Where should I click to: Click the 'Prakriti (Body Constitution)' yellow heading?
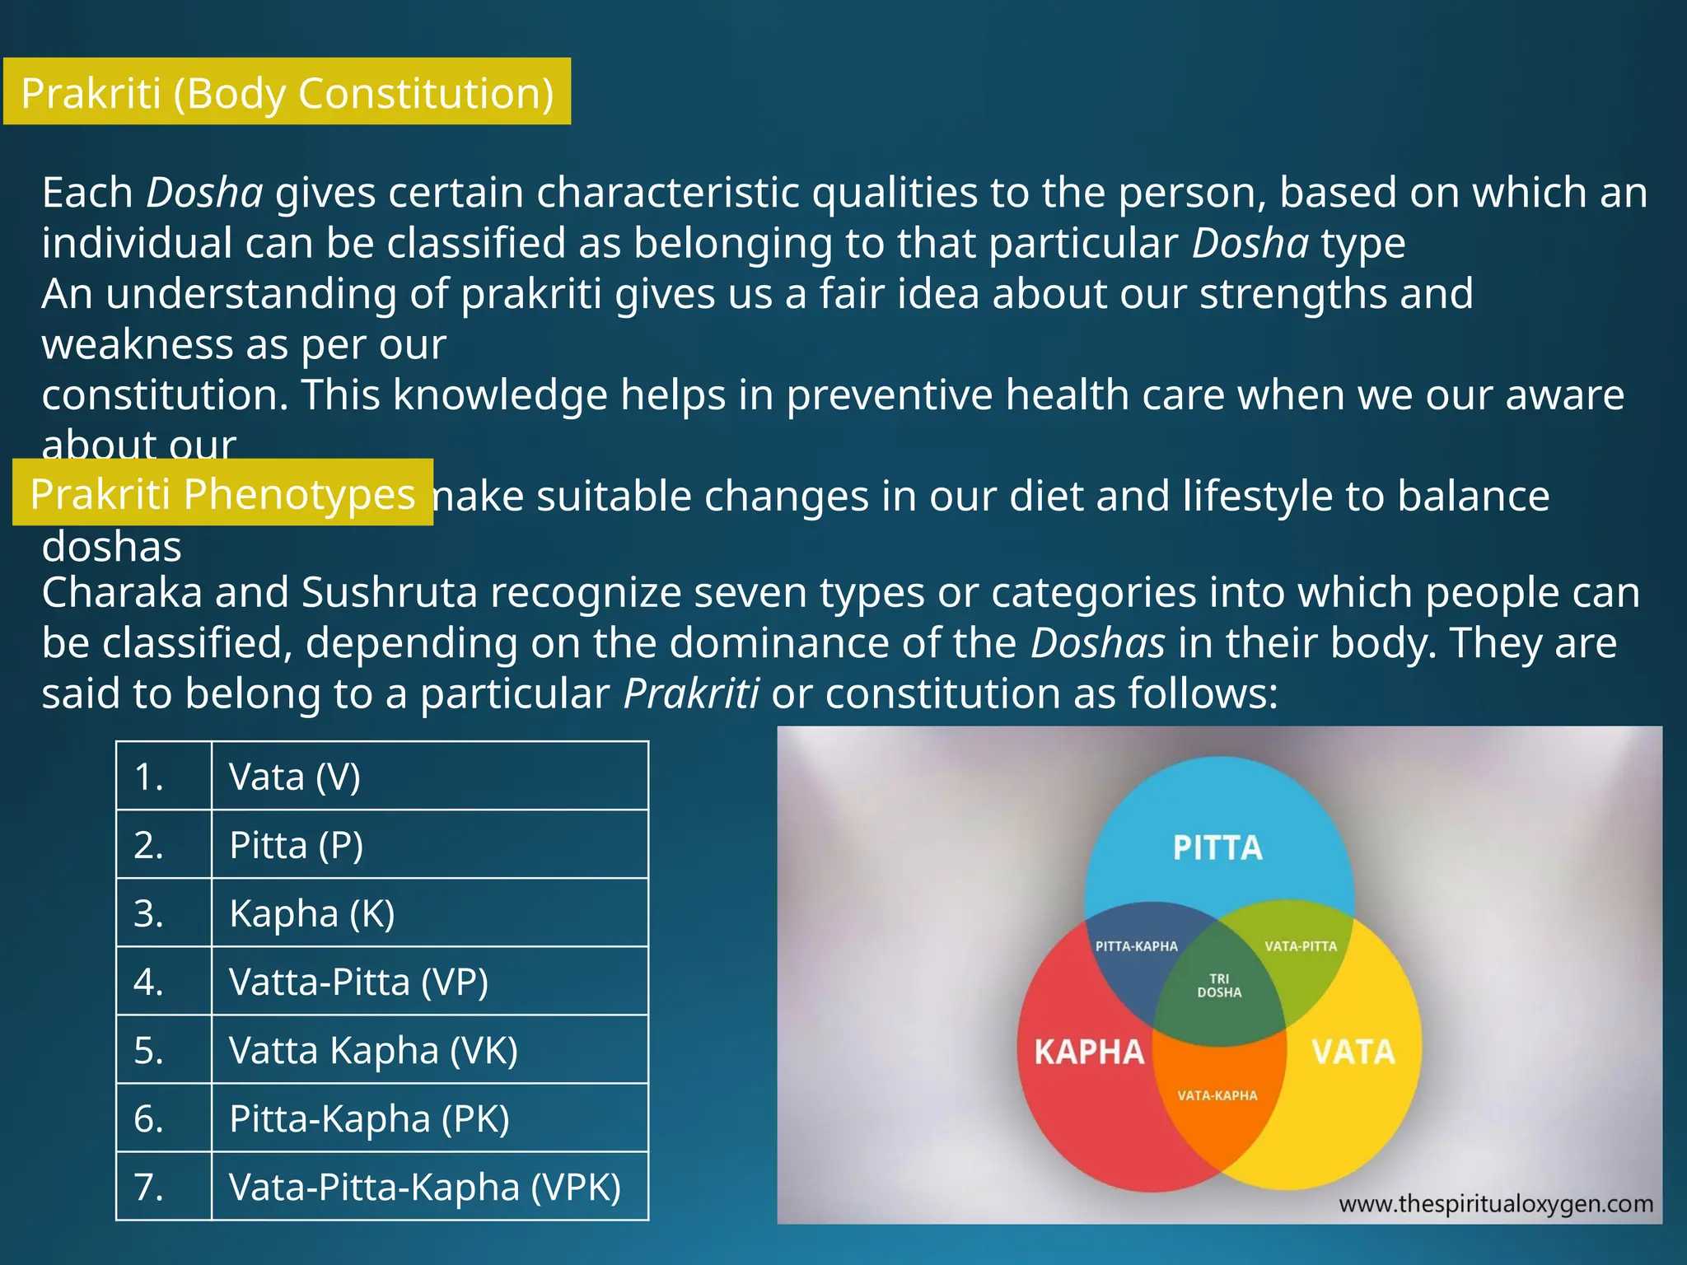tap(287, 92)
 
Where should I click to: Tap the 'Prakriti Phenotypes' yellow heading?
tap(222, 493)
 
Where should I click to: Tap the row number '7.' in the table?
tap(149, 1187)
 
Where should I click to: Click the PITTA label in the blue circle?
tap(1217, 848)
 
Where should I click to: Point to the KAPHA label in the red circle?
tap(1089, 1052)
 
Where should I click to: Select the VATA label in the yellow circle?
tap(1353, 1052)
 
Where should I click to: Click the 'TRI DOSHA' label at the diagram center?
tap(1219, 986)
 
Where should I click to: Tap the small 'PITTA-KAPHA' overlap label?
tap(1136, 946)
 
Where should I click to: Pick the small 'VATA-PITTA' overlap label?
tap(1301, 946)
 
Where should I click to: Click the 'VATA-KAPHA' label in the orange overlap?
tap(1217, 1095)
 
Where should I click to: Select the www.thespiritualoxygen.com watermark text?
tap(1496, 1204)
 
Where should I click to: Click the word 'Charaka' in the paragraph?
tap(122, 592)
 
